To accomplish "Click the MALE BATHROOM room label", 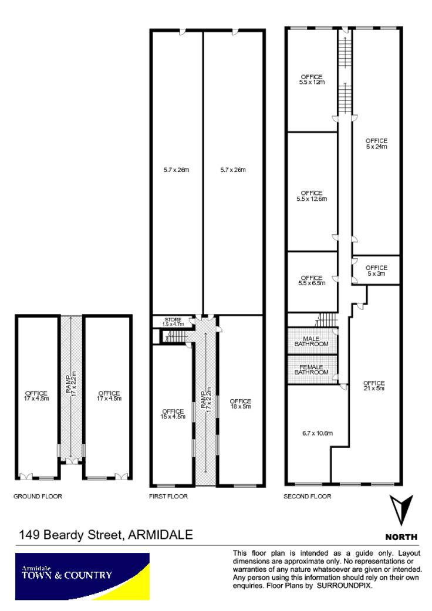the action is pos(311,342).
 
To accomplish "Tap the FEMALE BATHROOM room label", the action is pos(311,370).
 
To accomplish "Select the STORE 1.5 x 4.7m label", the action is pos(173,322).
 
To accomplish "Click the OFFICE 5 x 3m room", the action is pos(376,271).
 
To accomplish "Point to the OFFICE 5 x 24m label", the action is pos(376,143).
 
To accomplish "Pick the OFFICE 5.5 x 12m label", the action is pos(312,79).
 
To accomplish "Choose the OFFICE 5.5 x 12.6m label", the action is pos(312,195).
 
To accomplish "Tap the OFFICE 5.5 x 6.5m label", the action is pos(312,281).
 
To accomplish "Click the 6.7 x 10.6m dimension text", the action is pos(318,433).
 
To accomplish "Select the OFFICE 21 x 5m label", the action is pos(374,386).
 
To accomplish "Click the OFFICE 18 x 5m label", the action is pos(240,404).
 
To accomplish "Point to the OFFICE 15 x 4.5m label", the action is pos(173,414).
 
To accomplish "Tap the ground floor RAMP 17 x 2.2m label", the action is pos(71,384).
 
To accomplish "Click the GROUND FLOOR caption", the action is pos(38,496).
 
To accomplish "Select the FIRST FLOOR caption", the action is pos(168,496).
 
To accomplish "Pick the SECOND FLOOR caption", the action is pos(308,496).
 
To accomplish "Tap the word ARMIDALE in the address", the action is pos(160,535).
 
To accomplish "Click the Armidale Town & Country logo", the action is pos(82,577).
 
